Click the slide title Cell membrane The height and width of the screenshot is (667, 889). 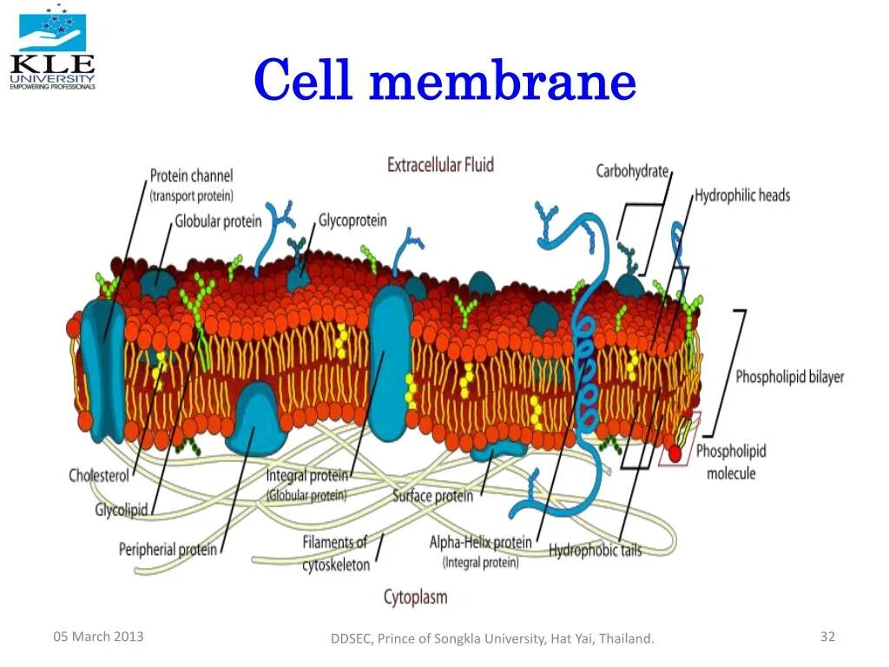click(444, 83)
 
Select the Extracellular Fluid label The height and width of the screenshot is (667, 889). click(440, 164)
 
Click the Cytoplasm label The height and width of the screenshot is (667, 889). click(415, 597)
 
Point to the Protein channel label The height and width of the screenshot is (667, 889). click(191, 176)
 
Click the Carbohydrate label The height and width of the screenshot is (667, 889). click(632, 171)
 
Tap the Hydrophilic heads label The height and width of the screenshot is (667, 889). click(742, 195)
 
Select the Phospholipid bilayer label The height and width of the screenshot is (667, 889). click(789, 377)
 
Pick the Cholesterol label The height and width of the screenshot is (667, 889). click(99, 475)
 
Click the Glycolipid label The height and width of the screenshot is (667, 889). click(121, 510)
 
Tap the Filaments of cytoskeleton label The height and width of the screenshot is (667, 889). click(335, 553)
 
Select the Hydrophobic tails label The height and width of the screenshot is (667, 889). click(595, 550)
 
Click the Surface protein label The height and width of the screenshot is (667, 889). click(432, 496)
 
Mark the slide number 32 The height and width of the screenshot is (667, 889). click(827, 637)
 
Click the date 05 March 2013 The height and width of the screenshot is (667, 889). click(98, 637)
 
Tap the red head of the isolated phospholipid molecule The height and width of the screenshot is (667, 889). click(674, 452)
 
